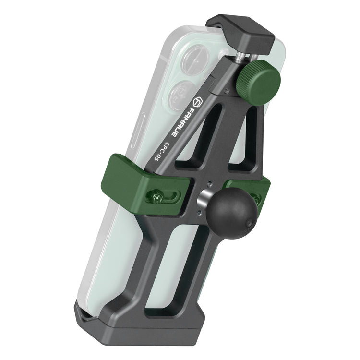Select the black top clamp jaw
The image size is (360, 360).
click(x=240, y=34)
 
